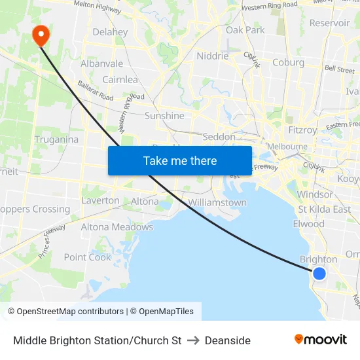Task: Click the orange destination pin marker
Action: pos(40,35)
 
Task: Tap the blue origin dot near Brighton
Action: pos(319,273)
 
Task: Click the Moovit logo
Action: pos(320,339)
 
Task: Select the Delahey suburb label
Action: pos(110,31)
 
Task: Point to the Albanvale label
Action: pos(101,63)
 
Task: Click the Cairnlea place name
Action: pos(119,79)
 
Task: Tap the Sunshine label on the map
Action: pos(164,116)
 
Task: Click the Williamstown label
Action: pos(217,202)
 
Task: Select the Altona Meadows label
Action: pos(117,227)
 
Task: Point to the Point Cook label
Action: pos(88,257)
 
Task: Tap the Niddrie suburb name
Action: pos(213,56)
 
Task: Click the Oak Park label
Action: pos(245,30)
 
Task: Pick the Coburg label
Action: pos(288,63)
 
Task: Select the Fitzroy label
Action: pos(302,130)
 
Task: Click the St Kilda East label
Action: pos(324,209)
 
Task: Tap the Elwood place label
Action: pos(309,224)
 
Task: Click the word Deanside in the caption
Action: pos(227,340)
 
